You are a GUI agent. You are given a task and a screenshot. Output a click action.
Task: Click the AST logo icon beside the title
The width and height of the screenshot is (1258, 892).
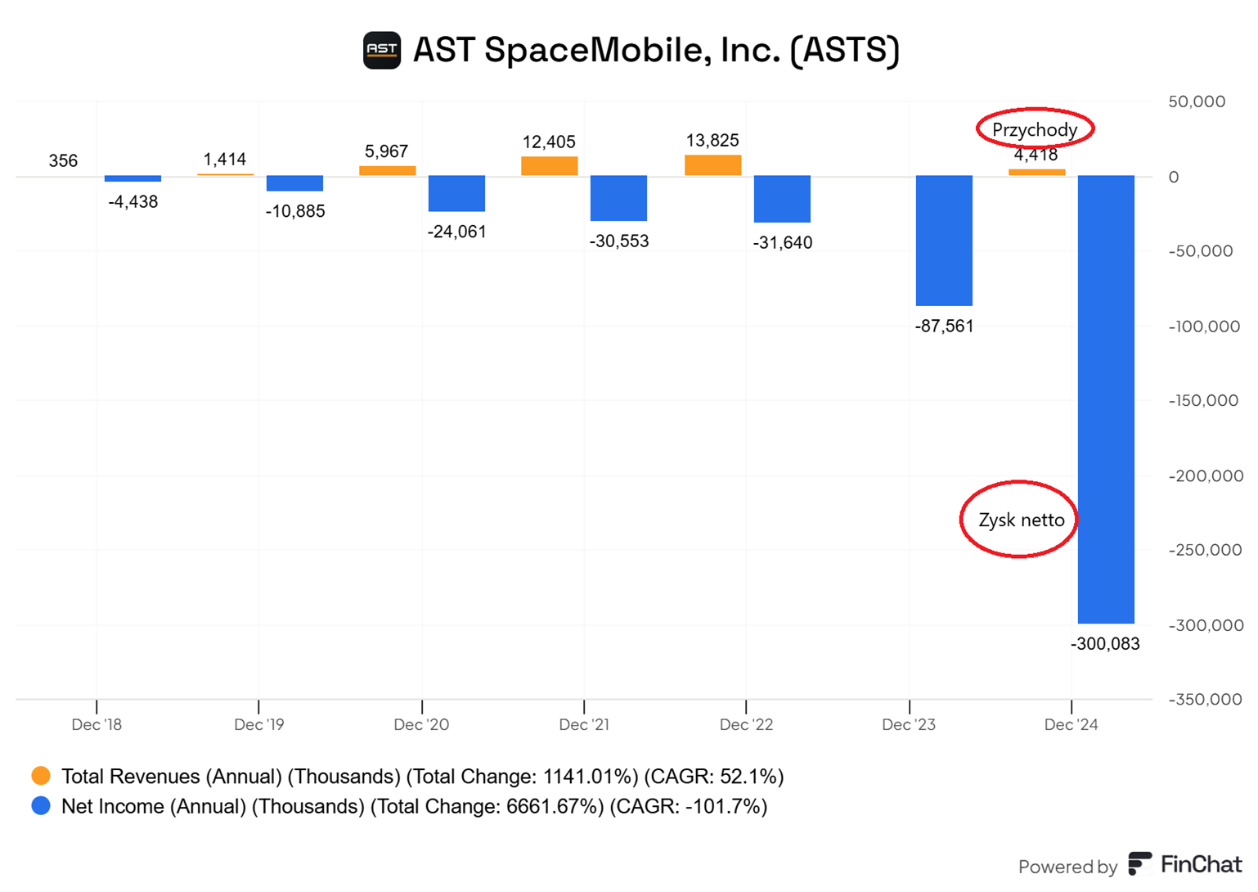coord(381,51)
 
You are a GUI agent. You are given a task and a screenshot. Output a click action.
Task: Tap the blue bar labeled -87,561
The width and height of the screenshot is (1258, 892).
coord(944,241)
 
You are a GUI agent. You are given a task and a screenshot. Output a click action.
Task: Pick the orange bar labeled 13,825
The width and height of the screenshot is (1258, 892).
coord(712,165)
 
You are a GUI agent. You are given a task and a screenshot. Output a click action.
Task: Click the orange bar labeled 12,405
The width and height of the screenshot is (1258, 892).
coord(549,166)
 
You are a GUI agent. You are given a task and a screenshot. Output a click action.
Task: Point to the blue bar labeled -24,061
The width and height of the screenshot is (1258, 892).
coord(456,194)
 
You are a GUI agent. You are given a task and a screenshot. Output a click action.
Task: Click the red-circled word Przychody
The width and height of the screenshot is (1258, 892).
coord(1034,129)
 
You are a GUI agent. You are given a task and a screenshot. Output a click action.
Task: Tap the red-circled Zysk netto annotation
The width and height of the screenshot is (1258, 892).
coord(1021,520)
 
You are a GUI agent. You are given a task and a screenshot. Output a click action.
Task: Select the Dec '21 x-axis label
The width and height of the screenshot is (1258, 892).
coord(583,725)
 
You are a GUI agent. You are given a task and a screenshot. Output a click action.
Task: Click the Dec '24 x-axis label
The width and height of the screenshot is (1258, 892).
coord(1071,725)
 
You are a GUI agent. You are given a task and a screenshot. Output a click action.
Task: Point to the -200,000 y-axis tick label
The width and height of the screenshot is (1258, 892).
coord(1206,476)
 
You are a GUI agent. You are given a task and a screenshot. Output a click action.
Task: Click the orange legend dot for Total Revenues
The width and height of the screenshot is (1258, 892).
coord(41,776)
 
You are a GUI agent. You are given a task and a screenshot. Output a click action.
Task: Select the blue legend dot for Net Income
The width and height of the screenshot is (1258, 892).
coord(41,806)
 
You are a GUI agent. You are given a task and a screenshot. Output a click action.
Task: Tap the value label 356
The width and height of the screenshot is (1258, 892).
coord(63,161)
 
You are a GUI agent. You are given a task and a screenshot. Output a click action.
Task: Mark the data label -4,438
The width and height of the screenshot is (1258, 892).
coord(133,202)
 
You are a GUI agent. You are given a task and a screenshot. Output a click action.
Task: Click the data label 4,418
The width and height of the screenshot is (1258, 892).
coord(1036,155)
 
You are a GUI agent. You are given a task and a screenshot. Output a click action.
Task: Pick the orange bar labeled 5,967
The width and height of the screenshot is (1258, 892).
coord(387,171)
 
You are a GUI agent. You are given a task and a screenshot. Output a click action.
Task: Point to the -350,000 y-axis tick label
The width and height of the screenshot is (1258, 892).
coord(1206,700)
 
